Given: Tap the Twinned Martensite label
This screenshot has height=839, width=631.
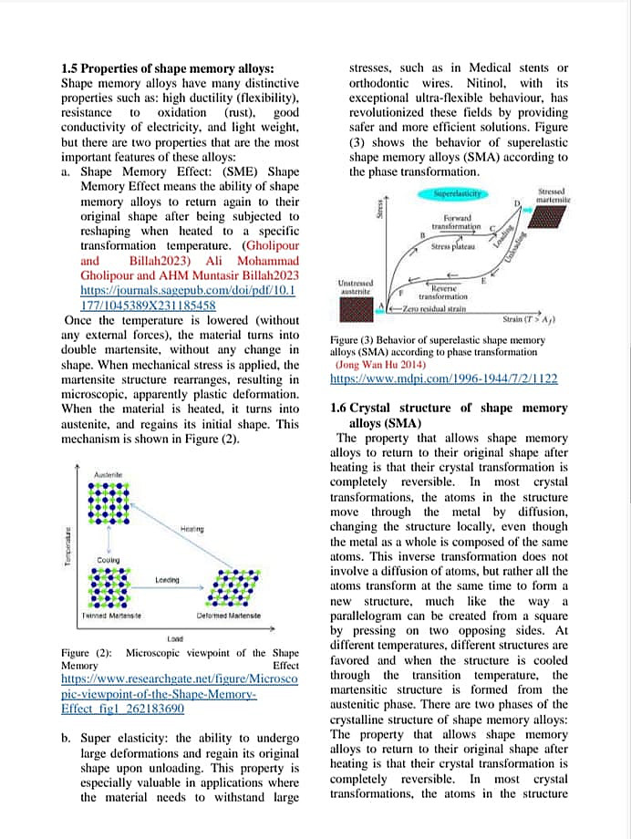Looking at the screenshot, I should (x=111, y=616).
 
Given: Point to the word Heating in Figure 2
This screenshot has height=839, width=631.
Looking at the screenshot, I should (x=191, y=529).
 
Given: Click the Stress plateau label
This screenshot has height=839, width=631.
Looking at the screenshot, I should (x=452, y=247).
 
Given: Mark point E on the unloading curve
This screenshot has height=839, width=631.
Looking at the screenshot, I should (x=483, y=280).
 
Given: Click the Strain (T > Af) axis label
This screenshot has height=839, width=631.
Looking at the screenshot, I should (x=530, y=320).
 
